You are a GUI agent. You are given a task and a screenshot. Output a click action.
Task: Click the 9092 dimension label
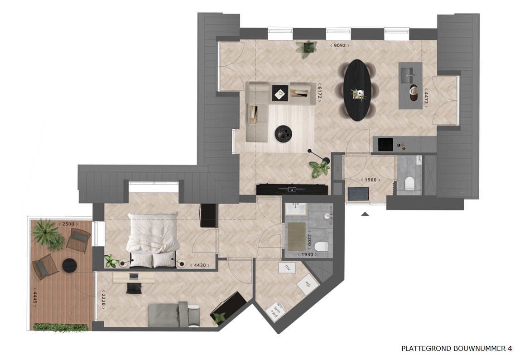[x=340, y=45]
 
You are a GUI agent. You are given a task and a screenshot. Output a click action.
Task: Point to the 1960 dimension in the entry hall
[x=370, y=180]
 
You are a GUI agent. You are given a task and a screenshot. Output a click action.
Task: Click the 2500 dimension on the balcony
[x=68, y=224]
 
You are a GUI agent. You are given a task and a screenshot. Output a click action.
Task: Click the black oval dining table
[x=357, y=90]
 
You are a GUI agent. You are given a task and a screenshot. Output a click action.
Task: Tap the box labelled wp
[x=308, y=284]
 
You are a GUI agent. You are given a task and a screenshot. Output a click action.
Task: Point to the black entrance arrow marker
[x=365, y=214]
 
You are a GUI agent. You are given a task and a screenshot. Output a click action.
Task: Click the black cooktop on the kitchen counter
[x=386, y=144]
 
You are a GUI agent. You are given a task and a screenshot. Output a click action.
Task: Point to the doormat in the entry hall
[x=358, y=194]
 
